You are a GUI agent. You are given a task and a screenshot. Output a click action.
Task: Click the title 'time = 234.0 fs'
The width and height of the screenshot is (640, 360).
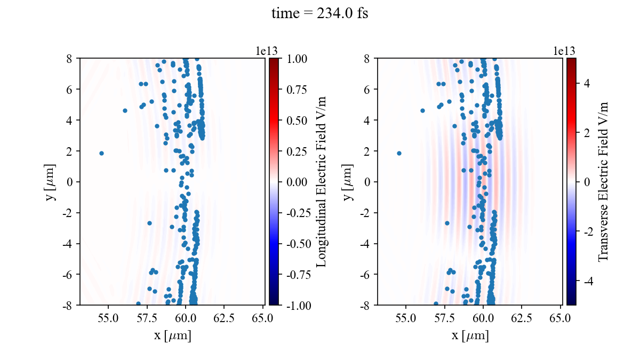319,14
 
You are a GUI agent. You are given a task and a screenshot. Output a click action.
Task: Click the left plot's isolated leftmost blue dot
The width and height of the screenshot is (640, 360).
101,153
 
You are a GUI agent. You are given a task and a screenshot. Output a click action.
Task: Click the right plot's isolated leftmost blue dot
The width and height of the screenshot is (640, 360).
399,153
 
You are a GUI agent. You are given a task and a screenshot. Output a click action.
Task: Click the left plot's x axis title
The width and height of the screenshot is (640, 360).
172,336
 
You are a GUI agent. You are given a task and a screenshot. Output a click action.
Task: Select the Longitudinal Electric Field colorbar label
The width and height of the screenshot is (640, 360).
322,181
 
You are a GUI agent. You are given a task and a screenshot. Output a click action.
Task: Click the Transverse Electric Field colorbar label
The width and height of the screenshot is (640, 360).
603,181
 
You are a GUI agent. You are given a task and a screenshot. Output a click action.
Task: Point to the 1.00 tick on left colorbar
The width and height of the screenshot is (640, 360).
297,58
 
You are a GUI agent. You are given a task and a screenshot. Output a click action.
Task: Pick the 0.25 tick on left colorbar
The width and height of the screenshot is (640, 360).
297,151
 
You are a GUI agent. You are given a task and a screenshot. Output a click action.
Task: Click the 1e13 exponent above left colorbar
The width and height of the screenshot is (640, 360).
267,51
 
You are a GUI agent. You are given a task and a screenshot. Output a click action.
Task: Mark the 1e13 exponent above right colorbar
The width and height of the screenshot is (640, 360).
564,51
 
